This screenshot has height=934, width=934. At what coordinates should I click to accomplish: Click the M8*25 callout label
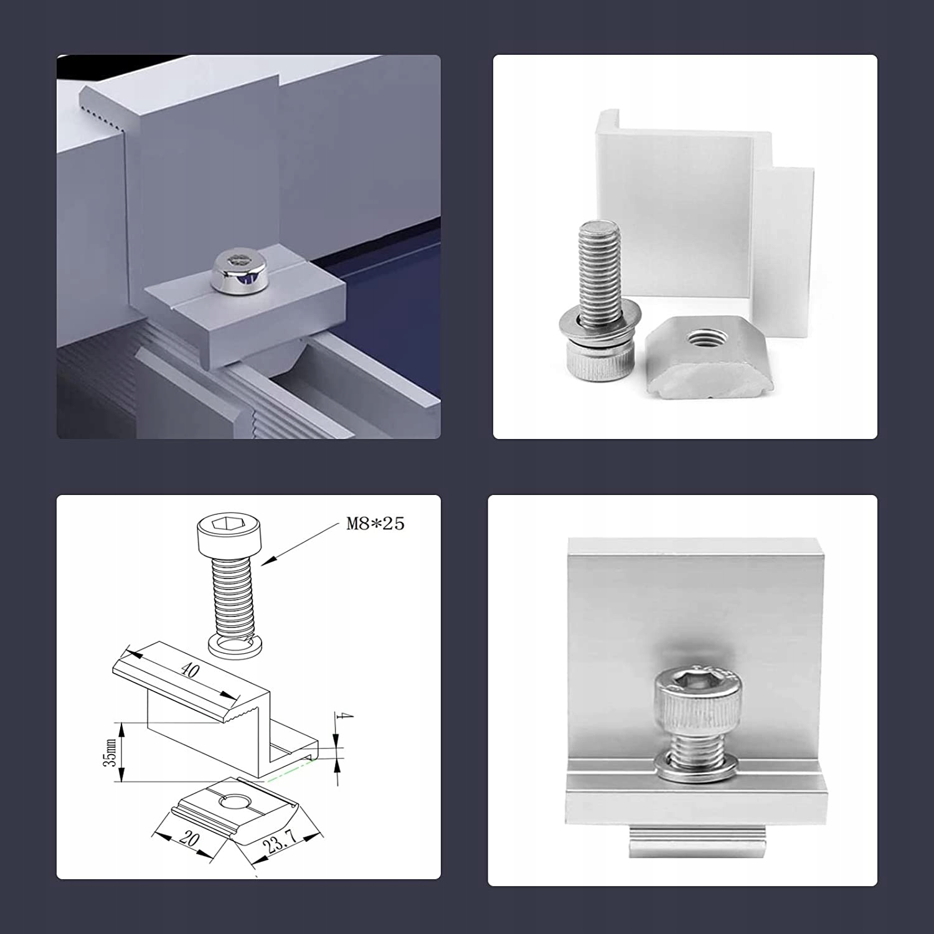coord(375,524)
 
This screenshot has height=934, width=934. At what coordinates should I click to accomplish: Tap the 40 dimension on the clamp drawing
coord(190,670)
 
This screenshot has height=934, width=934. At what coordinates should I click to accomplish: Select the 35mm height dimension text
coord(111,752)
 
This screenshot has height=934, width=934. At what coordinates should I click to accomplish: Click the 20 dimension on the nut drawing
coord(189,838)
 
